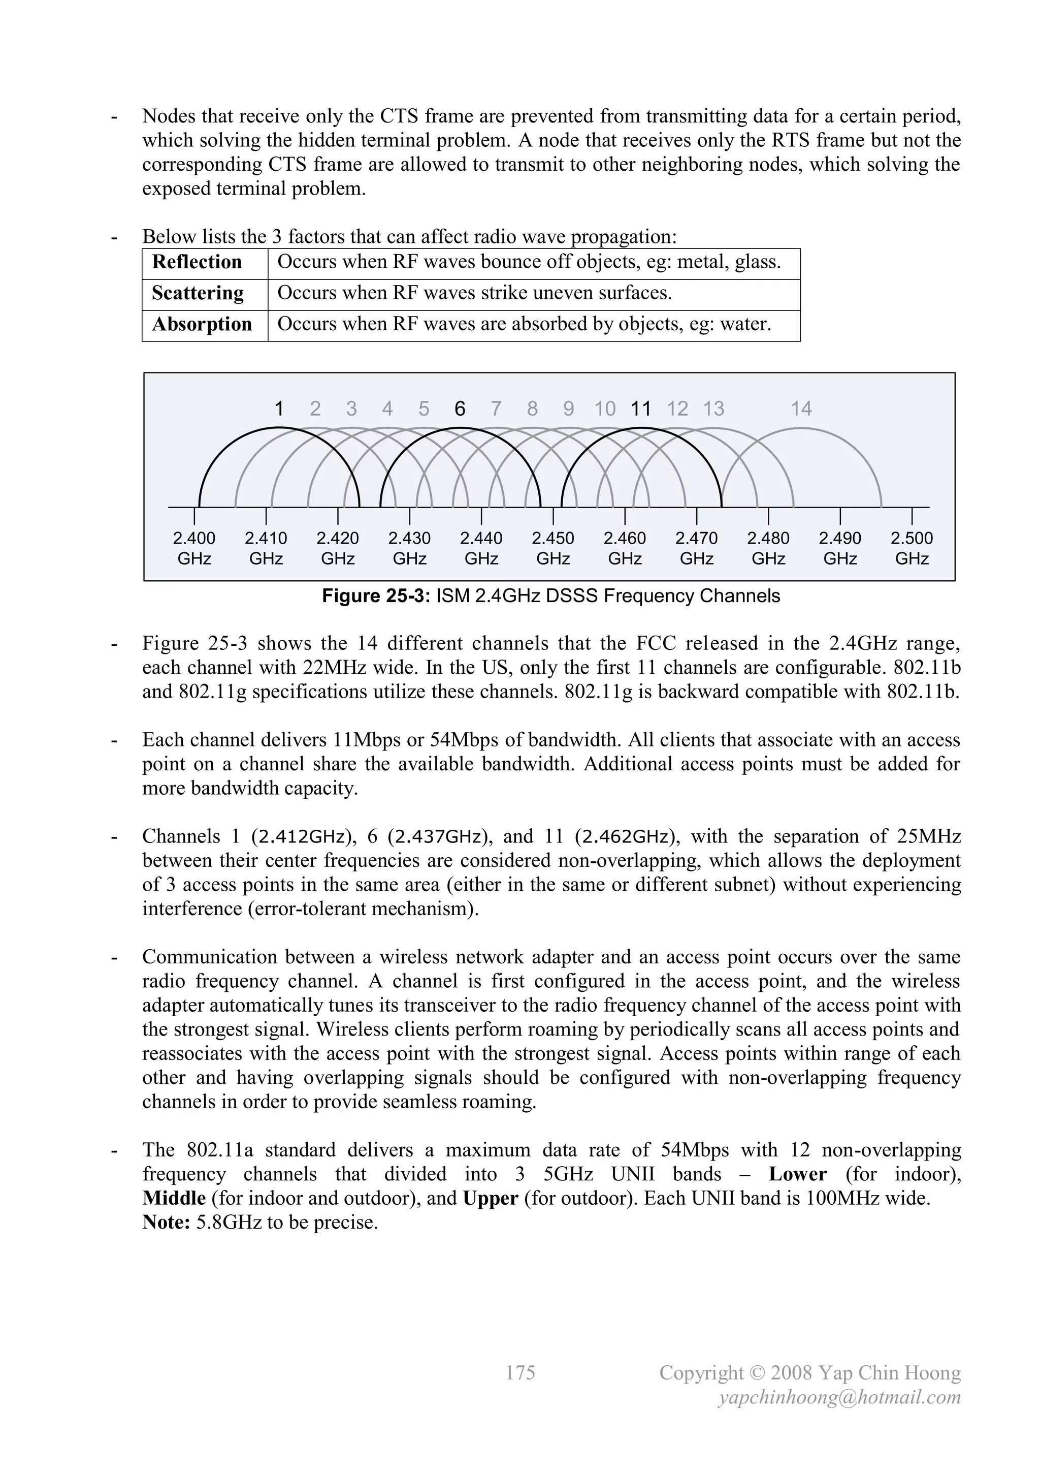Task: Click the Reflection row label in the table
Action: pos(197,262)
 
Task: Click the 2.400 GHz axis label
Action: pos(194,548)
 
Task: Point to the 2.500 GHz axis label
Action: pos(912,548)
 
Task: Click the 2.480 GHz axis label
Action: pos(768,548)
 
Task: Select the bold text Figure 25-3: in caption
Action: pos(375,596)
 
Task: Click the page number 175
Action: pos(519,1372)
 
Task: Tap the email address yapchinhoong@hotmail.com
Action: pos(839,1397)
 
